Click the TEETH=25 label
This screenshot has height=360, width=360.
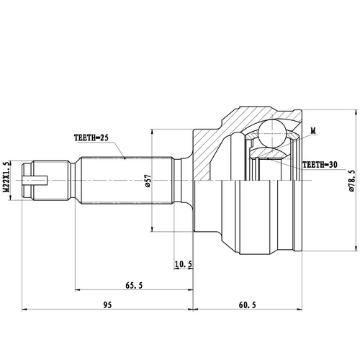[91, 138]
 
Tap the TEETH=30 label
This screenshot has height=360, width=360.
[320, 165]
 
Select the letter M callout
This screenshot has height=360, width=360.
[313, 131]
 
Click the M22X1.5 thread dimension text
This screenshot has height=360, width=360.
[7, 176]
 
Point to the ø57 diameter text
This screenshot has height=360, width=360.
[148, 181]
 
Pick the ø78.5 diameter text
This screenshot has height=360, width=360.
[352, 181]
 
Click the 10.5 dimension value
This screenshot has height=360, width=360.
[184, 264]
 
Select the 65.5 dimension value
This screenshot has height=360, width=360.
[134, 285]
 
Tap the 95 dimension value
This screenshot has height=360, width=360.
[107, 305]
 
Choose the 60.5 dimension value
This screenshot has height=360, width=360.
[248, 305]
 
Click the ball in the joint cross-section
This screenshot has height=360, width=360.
[272, 133]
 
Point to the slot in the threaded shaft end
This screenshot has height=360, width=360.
[35, 181]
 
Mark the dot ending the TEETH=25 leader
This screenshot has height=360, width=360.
[125, 158]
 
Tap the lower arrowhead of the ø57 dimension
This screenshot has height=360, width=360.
[151, 229]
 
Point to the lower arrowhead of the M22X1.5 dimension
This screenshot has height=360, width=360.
[10, 197]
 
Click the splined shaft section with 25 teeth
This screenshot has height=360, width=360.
[127, 181]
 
